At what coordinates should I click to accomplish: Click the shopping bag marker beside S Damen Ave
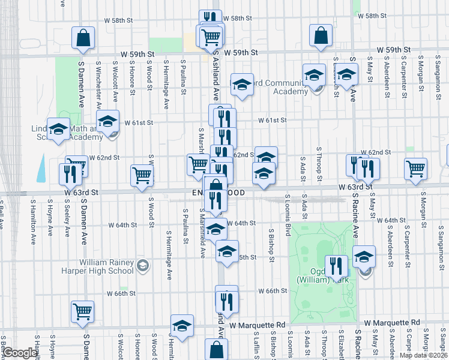pos(83,37)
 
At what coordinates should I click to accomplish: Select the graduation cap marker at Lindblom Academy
pos(59,129)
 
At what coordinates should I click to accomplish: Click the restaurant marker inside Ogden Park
pos(336,265)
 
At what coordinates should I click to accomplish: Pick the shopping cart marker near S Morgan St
pos(415,168)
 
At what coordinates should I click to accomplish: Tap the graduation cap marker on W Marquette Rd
pos(182,325)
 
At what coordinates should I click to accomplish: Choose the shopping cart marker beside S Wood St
pos(142,175)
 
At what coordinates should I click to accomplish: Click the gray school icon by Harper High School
pos(142,265)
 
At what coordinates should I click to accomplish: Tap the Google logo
pos(20,353)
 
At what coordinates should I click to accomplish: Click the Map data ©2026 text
pos(423,355)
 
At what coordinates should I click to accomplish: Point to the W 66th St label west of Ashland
pos(121,293)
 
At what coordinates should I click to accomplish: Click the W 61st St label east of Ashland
pos(272,120)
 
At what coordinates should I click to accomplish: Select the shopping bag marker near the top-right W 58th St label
pos(321,35)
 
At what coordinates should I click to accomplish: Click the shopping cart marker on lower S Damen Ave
pos(83,311)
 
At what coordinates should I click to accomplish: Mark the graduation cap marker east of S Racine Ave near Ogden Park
pos(364,256)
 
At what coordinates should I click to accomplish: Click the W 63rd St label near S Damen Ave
pos(82,193)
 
